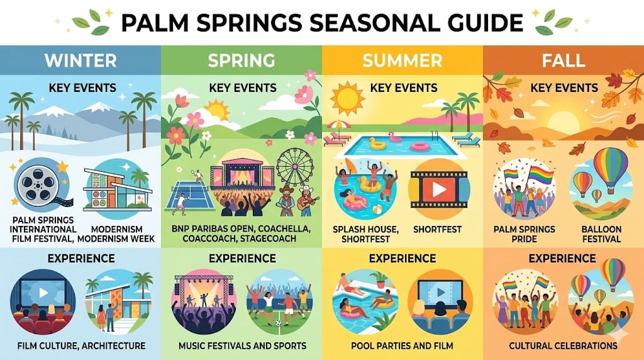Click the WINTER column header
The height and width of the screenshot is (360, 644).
(80, 60)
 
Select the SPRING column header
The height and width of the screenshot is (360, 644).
(241, 60)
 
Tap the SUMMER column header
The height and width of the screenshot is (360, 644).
(402, 60)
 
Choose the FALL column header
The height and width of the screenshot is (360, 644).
(563, 60)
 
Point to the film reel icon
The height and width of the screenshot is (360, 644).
(39, 184)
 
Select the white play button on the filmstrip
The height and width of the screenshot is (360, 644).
(439, 189)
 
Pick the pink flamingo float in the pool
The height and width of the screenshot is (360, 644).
(395, 137)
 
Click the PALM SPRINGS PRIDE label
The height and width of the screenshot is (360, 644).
(524, 234)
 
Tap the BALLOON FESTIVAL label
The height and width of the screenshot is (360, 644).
(601, 234)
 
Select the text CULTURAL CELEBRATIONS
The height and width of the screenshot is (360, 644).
(563, 346)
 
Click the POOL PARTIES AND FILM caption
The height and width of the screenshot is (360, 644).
(402, 346)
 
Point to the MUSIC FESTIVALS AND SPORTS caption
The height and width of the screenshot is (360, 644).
(242, 346)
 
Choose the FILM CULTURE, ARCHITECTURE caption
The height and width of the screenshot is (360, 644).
(81, 346)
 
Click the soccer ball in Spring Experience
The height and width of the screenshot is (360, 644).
(279, 323)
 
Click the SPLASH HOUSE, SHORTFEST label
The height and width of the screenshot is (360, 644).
(365, 234)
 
